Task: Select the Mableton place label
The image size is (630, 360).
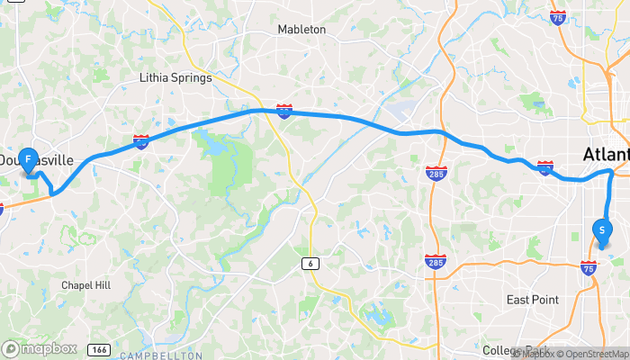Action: tap(301, 30)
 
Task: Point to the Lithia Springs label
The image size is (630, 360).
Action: tap(175, 78)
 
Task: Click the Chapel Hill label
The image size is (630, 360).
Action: tap(85, 285)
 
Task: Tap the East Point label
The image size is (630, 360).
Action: tap(531, 300)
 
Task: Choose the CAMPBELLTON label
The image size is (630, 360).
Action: tap(162, 355)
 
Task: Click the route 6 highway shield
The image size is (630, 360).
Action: tap(310, 263)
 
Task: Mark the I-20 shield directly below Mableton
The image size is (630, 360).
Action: tap(284, 112)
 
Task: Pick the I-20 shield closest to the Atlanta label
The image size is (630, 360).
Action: tap(544, 166)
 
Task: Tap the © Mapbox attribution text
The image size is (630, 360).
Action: tap(530, 353)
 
